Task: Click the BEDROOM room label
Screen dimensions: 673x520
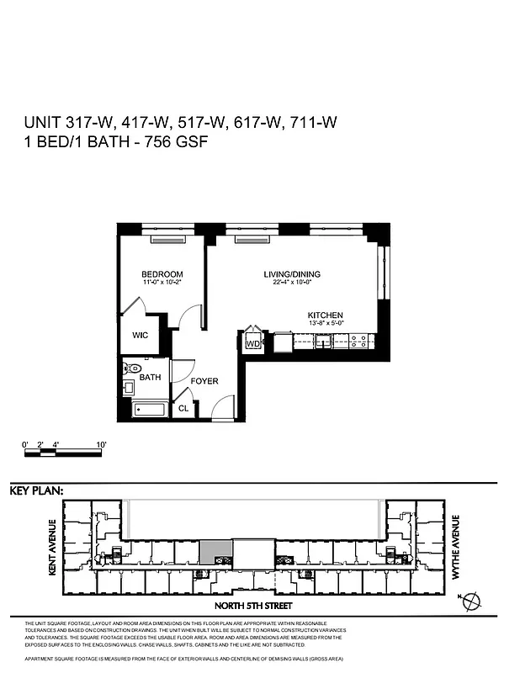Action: click(162, 275)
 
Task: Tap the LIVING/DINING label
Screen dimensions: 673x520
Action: click(292, 275)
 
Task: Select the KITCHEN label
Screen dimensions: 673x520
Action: click(325, 315)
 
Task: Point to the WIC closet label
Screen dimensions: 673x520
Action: click(140, 335)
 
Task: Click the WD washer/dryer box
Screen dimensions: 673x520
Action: click(252, 343)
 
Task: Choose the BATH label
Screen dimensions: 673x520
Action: click(150, 378)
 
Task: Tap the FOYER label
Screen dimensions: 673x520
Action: click(204, 381)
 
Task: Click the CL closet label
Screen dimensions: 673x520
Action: click(183, 409)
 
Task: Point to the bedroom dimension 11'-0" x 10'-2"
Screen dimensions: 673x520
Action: click(162, 284)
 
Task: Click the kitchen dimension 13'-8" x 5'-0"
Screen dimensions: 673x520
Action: click(325, 325)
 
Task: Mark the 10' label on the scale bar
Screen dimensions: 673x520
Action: click(101, 444)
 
